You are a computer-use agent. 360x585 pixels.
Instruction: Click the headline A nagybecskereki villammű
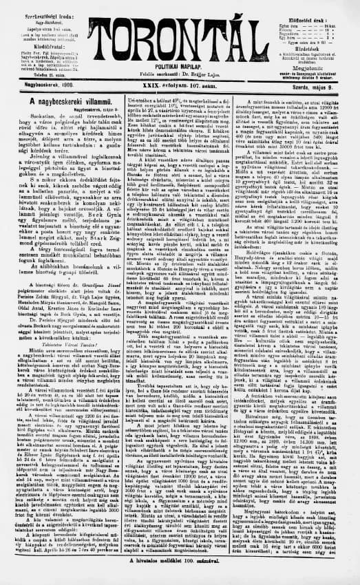(56, 101)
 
